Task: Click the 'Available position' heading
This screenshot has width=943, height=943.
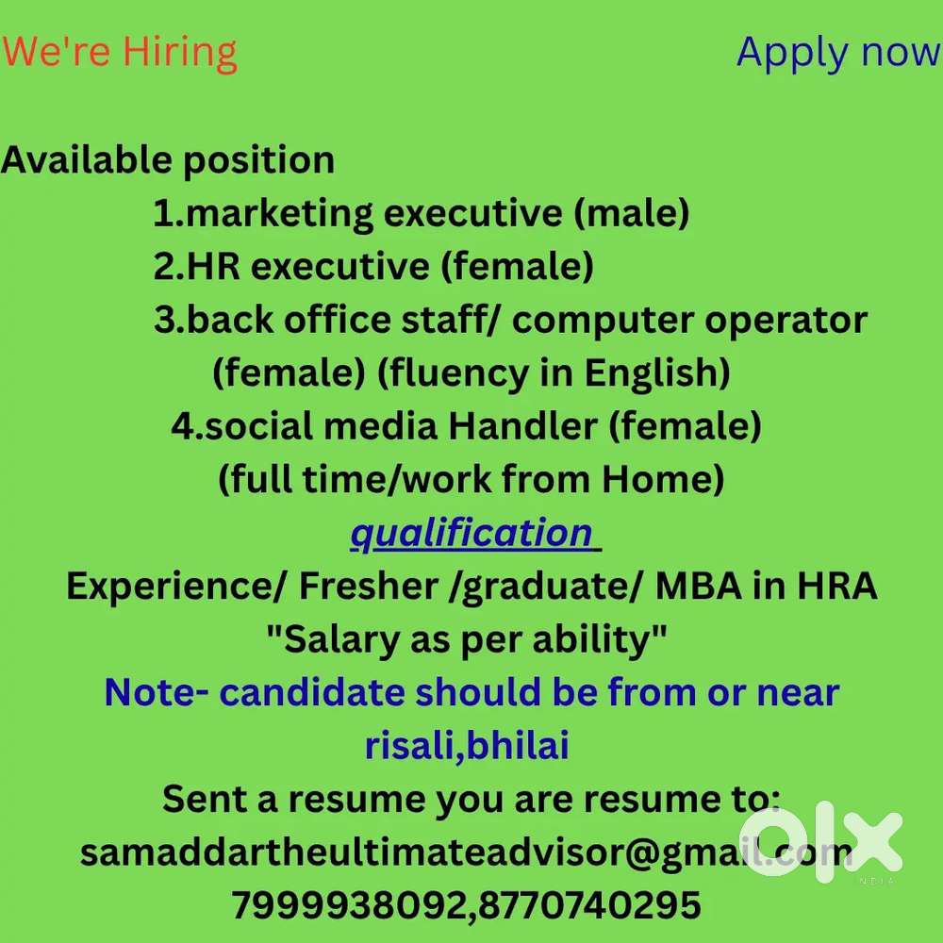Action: click(168, 161)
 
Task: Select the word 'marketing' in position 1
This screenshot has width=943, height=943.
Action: click(280, 214)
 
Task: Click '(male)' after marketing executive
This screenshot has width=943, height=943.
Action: click(632, 214)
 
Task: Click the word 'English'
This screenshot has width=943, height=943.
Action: click(657, 373)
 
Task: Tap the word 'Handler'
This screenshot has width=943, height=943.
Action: click(522, 426)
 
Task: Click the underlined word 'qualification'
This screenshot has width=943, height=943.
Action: click(472, 534)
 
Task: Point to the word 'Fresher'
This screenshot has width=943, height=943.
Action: click(369, 586)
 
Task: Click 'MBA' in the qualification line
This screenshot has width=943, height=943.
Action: click(698, 586)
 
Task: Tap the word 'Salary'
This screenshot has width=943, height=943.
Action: click(341, 639)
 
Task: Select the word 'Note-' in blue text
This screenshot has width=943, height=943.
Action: click(157, 692)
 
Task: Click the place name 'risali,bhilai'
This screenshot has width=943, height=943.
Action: click(468, 746)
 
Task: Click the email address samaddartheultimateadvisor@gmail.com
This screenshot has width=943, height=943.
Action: click(467, 852)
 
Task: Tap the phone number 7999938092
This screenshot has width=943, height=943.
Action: click(349, 905)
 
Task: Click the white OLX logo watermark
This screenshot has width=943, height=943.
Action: click(821, 845)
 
